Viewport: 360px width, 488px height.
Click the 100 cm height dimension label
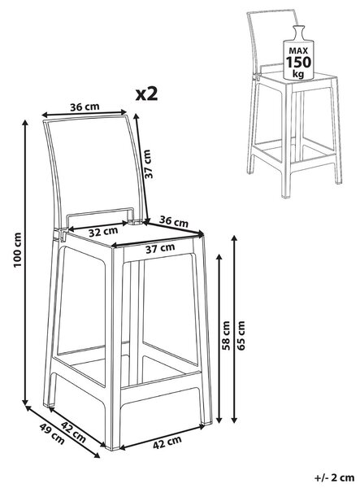coord(18,250)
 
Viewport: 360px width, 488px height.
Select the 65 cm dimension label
coord(241,335)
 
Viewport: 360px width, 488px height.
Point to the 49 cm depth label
coord(52,434)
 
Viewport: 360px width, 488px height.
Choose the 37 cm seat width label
coord(160,248)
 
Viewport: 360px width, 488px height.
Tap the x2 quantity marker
coord(147,94)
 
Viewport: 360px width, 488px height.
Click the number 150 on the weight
coord(298,63)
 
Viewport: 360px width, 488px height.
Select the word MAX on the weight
coord(298,50)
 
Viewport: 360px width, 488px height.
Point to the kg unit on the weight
coord(298,74)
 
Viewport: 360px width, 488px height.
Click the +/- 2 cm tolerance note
coord(334,477)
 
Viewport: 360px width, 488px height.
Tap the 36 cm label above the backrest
coord(85,107)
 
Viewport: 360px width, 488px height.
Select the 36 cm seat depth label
coord(174,221)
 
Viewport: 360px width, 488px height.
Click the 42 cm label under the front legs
coord(167,442)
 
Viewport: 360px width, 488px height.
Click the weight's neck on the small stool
coord(298,32)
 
